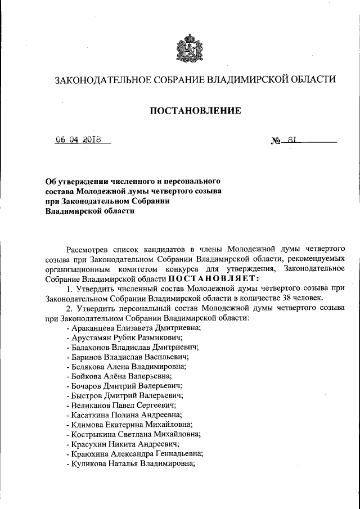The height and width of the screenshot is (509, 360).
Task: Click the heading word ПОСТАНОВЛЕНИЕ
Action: (x=195, y=111)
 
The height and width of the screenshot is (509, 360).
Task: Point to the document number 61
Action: (x=292, y=141)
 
